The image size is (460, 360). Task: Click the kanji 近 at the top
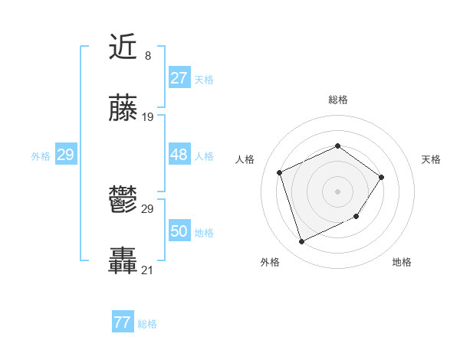click(x=123, y=48)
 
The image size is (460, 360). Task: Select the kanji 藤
click(x=123, y=110)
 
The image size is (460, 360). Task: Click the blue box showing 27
click(x=179, y=78)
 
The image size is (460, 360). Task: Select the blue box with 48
click(x=179, y=155)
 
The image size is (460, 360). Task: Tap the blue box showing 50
click(x=179, y=231)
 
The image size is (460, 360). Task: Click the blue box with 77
click(x=122, y=322)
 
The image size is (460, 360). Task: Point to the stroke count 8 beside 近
click(x=147, y=56)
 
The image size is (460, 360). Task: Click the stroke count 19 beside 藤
click(x=148, y=117)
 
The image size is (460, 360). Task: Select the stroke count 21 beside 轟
click(x=148, y=270)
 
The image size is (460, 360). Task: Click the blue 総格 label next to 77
click(x=147, y=324)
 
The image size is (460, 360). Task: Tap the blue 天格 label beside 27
click(x=204, y=80)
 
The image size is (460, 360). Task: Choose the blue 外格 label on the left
click(x=41, y=156)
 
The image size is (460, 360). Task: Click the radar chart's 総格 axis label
click(x=337, y=100)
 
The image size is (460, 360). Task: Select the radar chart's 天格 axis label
click(x=431, y=159)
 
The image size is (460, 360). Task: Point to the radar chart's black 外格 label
click(x=270, y=262)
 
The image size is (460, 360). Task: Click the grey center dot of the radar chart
click(x=337, y=191)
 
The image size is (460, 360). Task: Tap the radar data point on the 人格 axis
click(x=280, y=172)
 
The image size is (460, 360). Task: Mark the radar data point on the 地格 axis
click(x=357, y=218)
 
